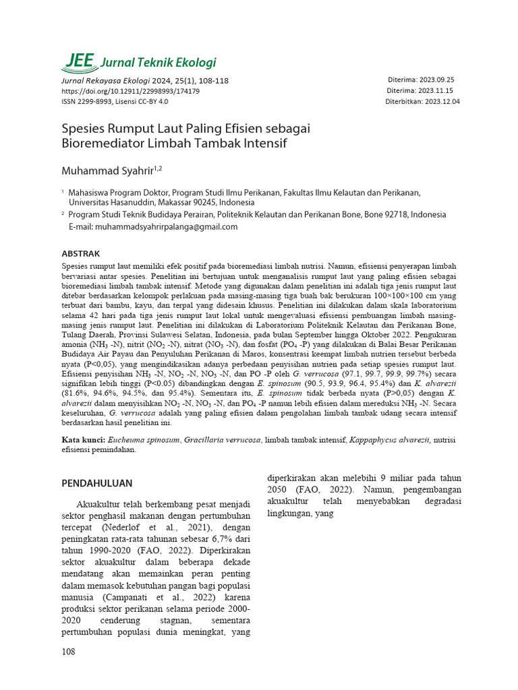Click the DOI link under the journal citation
tap(130, 91)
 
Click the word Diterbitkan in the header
tap(403, 102)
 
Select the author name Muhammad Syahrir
tap(107, 169)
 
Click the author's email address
tap(166, 227)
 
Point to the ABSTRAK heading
tap(80, 254)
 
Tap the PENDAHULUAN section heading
tap(97, 483)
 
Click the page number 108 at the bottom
tap(69, 652)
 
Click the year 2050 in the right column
tap(279, 489)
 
